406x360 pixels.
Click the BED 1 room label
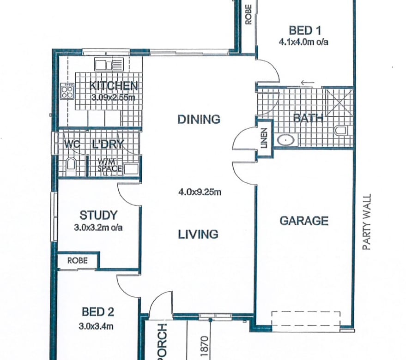pos(305,30)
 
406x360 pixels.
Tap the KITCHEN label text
pos(114,86)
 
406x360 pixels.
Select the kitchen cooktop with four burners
pos(67,91)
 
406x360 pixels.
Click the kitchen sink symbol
pos(109,65)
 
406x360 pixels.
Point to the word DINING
pos(199,120)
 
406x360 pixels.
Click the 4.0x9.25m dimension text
pos(200,192)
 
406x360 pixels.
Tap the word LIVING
pos(198,234)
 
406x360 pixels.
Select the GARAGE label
pos(304,221)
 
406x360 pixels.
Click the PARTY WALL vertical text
pos(367,222)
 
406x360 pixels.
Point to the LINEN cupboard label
pos(264,138)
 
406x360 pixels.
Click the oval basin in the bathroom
pos(286,140)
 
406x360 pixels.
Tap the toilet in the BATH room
pos(341,131)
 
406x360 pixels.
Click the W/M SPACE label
pos(109,165)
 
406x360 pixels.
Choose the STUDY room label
pos(98,215)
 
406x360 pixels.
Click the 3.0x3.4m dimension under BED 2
pos(96,326)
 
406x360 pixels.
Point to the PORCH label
pos(162,342)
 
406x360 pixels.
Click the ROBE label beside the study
pos(78,260)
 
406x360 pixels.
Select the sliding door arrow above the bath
pos(308,83)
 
